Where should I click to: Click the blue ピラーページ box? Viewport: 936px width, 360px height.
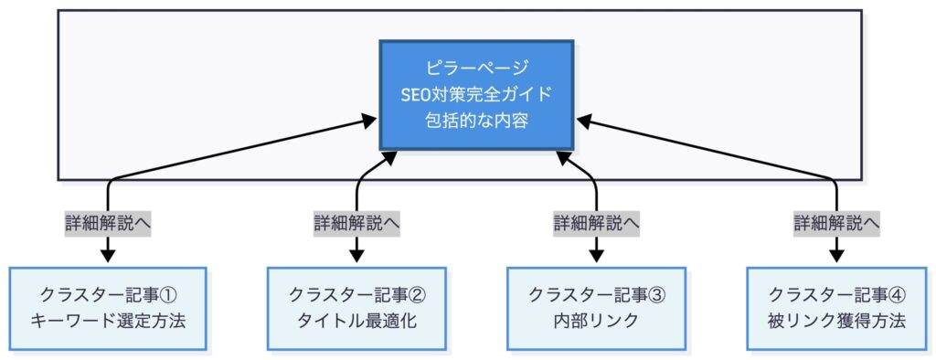pyautogui.click(x=477, y=95)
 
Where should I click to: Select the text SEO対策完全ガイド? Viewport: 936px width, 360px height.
pyautogui.click(x=477, y=94)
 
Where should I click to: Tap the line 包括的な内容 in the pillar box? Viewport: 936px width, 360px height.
pyautogui.click(x=477, y=121)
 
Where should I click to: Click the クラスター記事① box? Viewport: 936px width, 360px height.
pyautogui.click(x=108, y=308)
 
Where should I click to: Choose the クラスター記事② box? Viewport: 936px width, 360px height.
pyautogui.click(x=356, y=308)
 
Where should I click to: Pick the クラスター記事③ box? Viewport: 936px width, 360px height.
pyautogui.click(x=596, y=308)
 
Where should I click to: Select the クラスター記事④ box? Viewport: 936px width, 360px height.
pyautogui.click(x=836, y=308)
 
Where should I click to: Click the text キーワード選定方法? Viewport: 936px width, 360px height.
pyautogui.click(x=108, y=322)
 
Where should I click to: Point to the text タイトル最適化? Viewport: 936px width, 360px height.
pyautogui.click(x=356, y=322)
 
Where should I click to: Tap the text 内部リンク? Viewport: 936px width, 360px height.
pyautogui.click(x=596, y=322)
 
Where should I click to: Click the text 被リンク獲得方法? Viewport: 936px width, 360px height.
pyautogui.click(x=836, y=322)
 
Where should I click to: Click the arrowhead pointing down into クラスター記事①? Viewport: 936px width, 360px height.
pyautogui.click(x=108, y=257)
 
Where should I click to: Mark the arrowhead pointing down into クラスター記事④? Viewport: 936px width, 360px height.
pyautogui.click(x=836, y=257)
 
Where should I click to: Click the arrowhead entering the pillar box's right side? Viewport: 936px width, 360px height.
pyautogui.click(x=582, y=121)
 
